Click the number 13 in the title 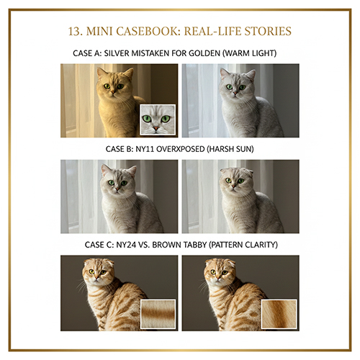[74, 32]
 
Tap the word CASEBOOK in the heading [147, 32]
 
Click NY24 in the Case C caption [125, 245]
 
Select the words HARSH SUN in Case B [230, 149]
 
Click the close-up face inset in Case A [158, 120]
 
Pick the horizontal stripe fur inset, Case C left [158, 314]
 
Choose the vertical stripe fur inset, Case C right [279, 314]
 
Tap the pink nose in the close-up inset [156, 128]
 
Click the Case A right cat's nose [235, 93]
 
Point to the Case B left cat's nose [117, 189]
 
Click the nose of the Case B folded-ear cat [233, 186]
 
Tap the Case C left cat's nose [96, 278]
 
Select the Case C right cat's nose [217, 278]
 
